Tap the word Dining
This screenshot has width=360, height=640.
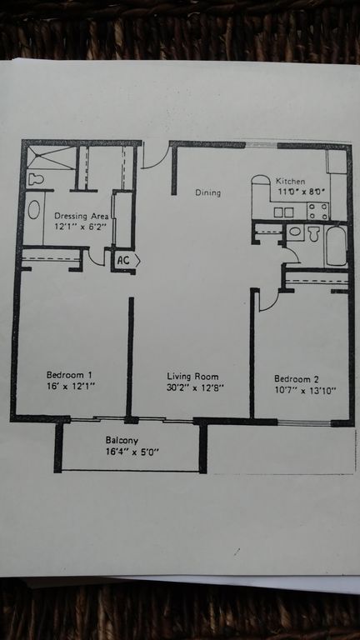pyautogui.click(x=207, y=192)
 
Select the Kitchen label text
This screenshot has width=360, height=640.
pyautogui.click(x=290, y=181)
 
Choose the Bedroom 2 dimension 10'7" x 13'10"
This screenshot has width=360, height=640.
pyautogui.click(x=305, y=390)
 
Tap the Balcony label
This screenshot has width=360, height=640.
pyautogui.click(x=122, y=441)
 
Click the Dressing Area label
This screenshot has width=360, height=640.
pyautogui.click(x=82, y=216)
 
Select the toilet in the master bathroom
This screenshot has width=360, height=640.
pyautogui.click(x=37, y=179)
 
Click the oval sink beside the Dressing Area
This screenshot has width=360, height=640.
pyautogui.click(x=34, y=209)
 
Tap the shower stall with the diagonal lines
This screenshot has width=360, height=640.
pyautogui.click(x=52, y=158)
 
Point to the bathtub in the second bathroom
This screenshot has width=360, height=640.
pyautogui.click(x=337, y=246)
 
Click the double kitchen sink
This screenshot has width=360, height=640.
pyautogui.click(x=283, y=212)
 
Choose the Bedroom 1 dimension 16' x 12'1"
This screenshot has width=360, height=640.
pyautogui.click(x=71, y=385)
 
